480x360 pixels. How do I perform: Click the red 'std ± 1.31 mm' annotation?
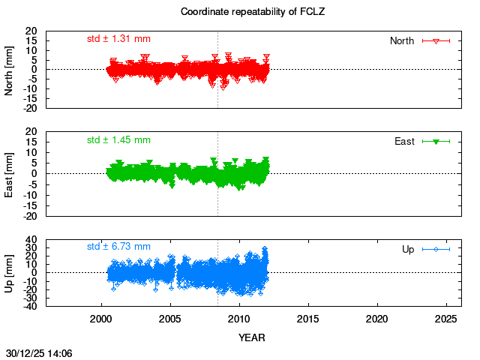(x=118, y=39)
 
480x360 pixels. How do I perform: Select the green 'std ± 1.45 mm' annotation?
(x=118, y=139)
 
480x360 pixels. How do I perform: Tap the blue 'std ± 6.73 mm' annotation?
(x=118, y=246)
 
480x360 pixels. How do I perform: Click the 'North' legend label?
(x=402, y=40)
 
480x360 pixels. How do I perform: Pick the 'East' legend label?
(x=405, y=141)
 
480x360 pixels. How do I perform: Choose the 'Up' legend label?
(x=409, y=248)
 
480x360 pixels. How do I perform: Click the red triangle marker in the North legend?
(x=436, y=41)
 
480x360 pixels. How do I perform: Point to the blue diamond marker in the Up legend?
(x=436, y=249)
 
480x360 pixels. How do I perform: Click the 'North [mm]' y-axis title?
(x=10, y=69)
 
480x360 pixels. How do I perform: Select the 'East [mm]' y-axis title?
(x=10, y=173)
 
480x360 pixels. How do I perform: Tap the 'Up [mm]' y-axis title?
(x=10, y=273)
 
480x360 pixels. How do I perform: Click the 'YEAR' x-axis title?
(x=251, y=337)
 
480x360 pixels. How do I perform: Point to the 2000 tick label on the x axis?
(x=101, y=319)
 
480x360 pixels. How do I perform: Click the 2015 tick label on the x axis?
(x=308, y=319)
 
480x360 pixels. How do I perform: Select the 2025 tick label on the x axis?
(x=446, y=319)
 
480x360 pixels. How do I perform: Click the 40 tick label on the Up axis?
(x=32, y=240)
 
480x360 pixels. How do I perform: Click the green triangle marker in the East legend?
(x=436, y=141)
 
